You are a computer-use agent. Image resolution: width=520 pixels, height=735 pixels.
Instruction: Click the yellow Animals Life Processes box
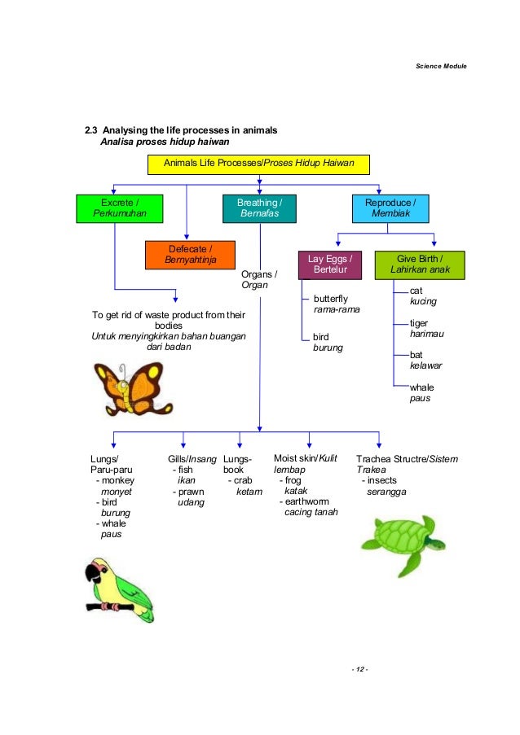(x=259, y=164)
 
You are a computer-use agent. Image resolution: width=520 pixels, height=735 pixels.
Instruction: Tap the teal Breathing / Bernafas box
(x=259, y=208)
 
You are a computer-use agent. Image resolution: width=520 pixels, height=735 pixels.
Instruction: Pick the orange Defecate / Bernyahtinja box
(x=190, y=255)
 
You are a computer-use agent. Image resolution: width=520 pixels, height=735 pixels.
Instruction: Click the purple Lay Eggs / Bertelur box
(x=329, y=264)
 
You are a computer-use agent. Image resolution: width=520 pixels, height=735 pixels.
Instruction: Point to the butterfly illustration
(x=126, y=388)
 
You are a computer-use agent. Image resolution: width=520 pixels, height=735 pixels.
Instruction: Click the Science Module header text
(x=441, y=65)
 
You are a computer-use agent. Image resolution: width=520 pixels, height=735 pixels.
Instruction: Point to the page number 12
(x=359, y=669)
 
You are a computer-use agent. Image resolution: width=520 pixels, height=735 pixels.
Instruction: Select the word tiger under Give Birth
(x=419, y=323)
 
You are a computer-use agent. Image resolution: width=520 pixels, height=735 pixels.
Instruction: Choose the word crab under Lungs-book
(x=243, y=480)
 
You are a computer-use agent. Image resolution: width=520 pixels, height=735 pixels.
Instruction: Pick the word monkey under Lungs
(x=117, y=481)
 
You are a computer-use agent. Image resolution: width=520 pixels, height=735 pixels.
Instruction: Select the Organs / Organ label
(x=259, y=279)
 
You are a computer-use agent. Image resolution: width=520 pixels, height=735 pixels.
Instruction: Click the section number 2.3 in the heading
(x=92, y=130)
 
